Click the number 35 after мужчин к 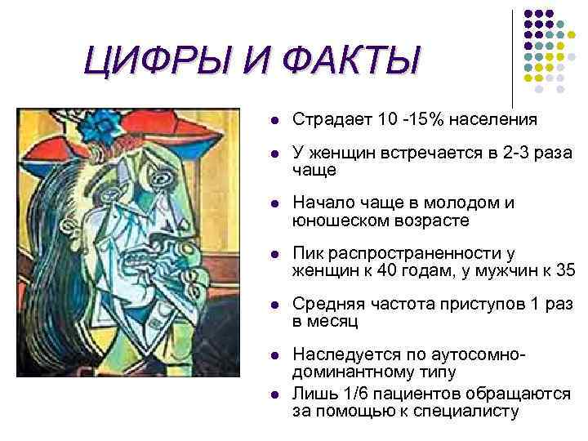[x=563, y=270]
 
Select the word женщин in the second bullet [x=336, y=156]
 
